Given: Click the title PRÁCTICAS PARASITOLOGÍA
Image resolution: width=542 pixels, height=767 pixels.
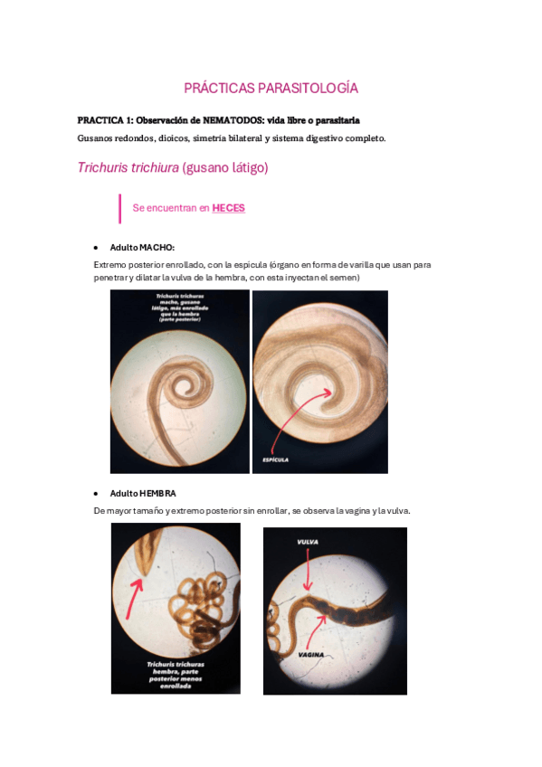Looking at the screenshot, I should tap(271, 88).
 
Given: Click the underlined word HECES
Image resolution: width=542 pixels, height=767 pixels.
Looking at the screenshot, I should tap(228, 208).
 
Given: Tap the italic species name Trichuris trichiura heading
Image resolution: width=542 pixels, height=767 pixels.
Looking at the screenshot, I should tap(128, 168).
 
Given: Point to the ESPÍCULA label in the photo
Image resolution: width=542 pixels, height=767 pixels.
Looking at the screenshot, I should tap(275, 459).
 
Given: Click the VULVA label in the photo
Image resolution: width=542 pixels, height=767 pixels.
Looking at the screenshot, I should tap(308, 542).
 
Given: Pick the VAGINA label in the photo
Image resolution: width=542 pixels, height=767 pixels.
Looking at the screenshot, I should tap(310, 653).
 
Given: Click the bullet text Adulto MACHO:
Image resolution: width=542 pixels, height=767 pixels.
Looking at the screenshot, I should tap(142, 247).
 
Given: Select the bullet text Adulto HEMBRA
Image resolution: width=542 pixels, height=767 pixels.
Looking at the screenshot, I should tap(143, 493).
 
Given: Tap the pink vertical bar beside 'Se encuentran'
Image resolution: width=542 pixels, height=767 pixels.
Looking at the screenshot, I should tap(119, 208).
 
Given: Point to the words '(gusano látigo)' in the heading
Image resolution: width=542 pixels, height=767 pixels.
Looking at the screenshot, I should tap(225, 168).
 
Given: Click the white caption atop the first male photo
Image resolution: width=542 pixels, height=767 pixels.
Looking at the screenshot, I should tap(179, 308).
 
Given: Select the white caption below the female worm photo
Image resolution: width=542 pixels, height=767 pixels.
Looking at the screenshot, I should tap(175, 674).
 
